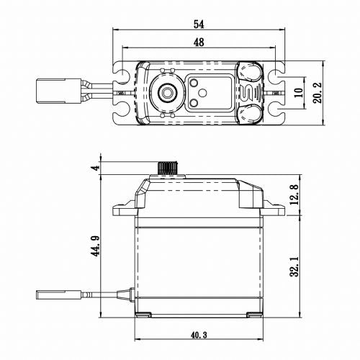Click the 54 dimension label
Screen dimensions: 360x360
click(199, 24)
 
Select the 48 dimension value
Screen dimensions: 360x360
click(199, 42)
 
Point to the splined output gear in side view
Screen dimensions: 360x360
click(167, 168)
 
